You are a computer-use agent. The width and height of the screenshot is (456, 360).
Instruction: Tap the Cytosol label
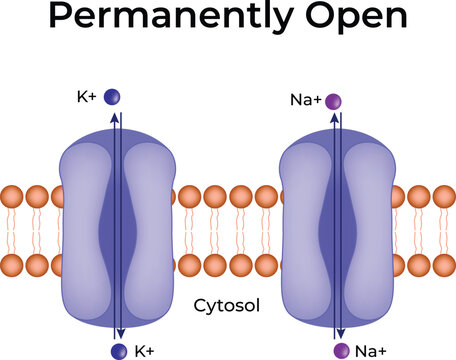coord(229,306)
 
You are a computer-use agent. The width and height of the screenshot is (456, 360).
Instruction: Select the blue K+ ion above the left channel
coord(114,98)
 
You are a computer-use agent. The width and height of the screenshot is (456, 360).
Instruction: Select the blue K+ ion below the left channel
coord(119,350)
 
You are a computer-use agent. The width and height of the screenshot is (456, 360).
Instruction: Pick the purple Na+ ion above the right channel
coord(333,100)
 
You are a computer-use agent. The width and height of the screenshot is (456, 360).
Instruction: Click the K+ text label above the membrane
coord(88,98)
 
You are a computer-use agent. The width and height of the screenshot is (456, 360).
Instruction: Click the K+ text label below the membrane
coord(144,351)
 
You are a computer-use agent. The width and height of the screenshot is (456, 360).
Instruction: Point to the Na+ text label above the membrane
coord(304,99)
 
